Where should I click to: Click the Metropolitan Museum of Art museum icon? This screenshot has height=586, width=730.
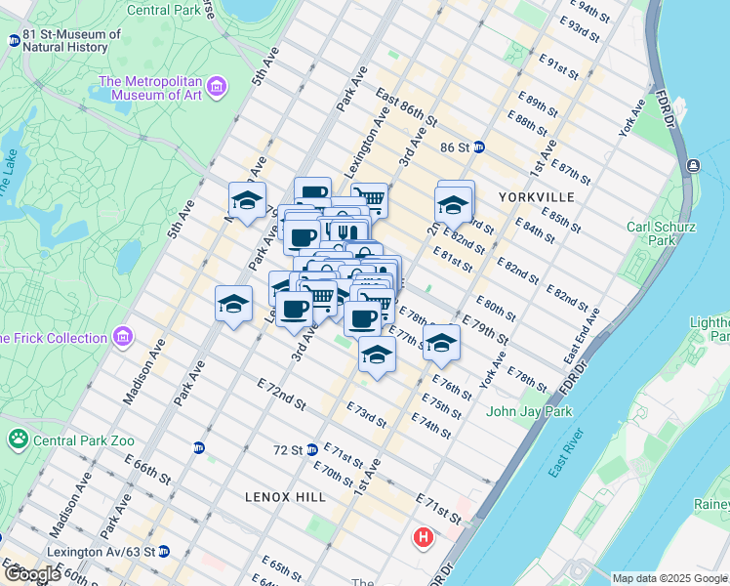217,87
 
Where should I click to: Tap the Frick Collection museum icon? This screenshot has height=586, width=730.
123,338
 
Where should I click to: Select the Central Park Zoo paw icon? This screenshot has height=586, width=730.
19,439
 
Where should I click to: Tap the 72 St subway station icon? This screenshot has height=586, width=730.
311,449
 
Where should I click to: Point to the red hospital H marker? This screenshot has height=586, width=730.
423,537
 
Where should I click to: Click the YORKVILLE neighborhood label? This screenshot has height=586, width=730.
536,196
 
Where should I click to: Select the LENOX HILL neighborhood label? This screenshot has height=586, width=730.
285,497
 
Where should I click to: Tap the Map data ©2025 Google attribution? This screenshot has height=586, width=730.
669,578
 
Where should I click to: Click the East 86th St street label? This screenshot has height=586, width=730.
406,108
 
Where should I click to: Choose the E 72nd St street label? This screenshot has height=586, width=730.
282,397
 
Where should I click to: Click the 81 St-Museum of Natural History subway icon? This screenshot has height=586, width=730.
14,41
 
